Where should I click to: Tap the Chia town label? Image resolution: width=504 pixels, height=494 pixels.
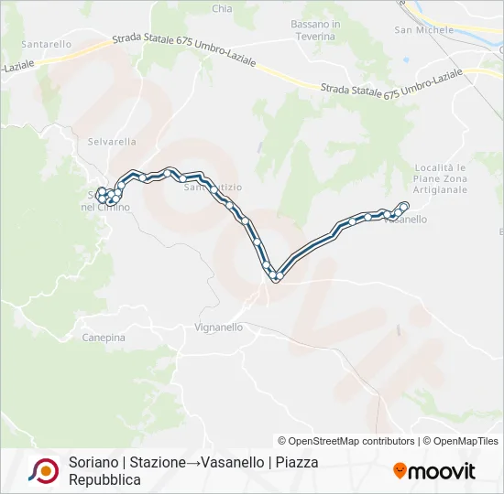[222, 9]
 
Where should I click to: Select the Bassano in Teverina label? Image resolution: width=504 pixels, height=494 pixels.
[315, 30]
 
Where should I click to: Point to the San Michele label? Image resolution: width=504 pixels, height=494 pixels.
[424, 29]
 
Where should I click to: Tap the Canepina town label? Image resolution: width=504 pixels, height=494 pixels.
[103, 338]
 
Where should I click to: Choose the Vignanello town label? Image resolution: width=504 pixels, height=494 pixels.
[219, 327]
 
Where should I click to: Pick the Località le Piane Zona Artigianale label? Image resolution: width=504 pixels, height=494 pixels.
[441, 178]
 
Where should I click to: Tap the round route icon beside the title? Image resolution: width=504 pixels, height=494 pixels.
[43, 470]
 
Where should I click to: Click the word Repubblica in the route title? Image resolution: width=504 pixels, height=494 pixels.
[104, 479]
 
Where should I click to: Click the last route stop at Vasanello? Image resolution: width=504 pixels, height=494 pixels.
[405, 205]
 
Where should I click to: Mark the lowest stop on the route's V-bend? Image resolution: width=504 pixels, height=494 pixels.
[274, 276]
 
